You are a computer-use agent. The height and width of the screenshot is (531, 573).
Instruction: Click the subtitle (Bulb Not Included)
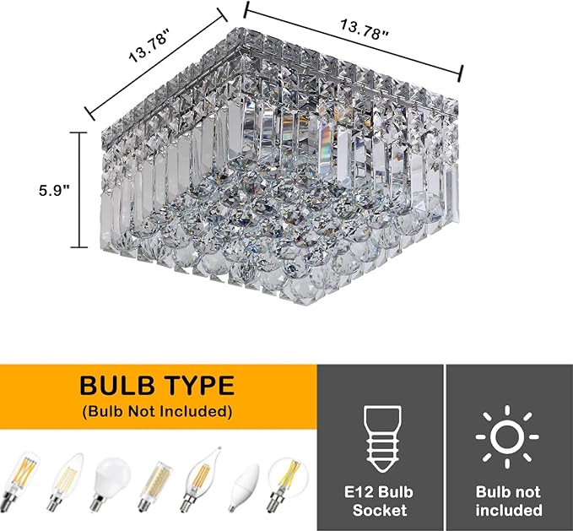(157, 413)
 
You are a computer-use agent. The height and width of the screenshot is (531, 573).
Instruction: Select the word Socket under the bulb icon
(379, 510)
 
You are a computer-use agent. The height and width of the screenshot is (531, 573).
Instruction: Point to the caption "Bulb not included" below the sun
(508, 501)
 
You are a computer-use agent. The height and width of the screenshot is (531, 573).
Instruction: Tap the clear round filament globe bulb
(285, 481)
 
